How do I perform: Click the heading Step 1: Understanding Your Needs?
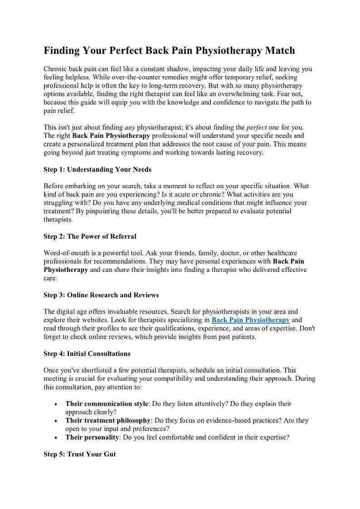[97, 169]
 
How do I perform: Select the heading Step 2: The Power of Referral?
[90, 236]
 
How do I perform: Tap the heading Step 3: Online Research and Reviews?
[101, 295]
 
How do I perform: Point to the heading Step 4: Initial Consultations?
[87, 354]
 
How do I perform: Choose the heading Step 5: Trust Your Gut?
[80, 454]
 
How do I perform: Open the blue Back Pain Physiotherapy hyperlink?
[251, 320]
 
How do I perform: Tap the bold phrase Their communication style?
[107, 403]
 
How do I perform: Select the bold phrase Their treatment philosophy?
[108, 420]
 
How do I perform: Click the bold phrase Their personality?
[92, 437]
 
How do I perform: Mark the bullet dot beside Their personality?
[55, 438]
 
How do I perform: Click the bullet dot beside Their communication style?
[55, 404]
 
